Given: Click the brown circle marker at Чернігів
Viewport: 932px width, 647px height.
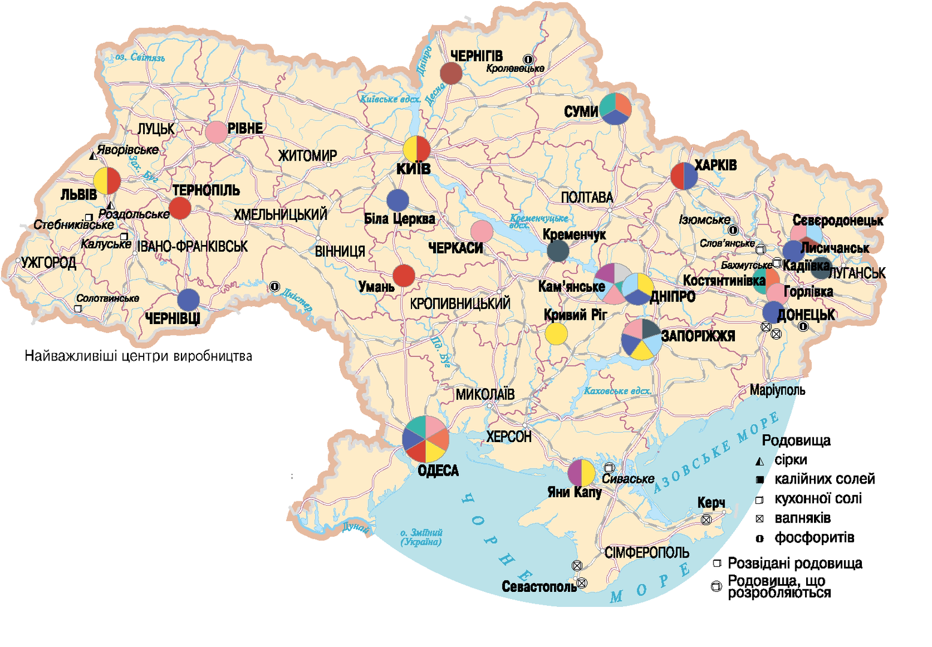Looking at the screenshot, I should click(451, 74).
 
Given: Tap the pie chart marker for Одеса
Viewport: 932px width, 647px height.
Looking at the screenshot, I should click(425, 439).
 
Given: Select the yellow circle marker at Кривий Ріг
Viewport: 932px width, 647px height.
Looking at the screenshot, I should click(556, 334).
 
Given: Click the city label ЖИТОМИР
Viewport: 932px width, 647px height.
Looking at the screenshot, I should click(308, 156).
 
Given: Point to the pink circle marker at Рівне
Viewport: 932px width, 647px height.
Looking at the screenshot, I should click(216, 132).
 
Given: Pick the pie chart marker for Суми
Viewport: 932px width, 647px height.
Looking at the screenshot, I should click(616, 108).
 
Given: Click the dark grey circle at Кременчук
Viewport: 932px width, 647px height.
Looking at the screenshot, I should click(558, 251).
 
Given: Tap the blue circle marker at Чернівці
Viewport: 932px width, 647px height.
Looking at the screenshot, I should click(189, 300).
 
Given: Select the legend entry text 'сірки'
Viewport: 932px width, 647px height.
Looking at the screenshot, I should click(791, 460).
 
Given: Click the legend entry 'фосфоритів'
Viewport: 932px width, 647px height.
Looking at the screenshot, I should click(814, 538).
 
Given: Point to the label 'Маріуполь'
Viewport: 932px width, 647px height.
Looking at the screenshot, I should click(777, 391).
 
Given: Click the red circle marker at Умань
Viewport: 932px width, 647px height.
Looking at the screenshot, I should click(404, 276).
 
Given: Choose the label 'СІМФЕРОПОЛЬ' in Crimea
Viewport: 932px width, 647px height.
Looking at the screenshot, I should click(647, 552).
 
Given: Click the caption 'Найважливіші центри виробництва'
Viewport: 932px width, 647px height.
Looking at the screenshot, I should click(138, 356).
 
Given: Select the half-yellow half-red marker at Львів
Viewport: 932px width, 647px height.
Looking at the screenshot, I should click(107, 180).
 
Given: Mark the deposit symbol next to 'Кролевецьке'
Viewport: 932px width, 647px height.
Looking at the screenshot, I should click(528, 59).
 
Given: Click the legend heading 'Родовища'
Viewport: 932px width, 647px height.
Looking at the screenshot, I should click(796, 441).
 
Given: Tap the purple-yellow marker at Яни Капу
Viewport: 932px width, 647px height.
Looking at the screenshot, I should click(581, 473).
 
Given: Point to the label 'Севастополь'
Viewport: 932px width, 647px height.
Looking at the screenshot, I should click(539, 586).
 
